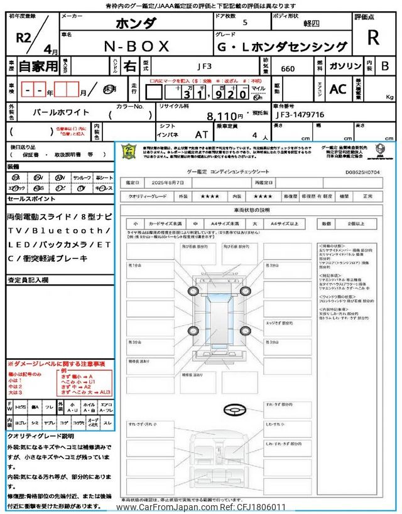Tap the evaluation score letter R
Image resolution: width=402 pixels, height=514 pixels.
pyautogui.click(x=372, y=38)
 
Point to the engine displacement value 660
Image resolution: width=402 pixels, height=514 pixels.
pyautogui.click(x=288, y=68)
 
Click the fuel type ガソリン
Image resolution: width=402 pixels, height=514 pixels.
pyautogui.click(x=345, y=65)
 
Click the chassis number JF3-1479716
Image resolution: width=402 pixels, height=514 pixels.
pyautogui.click(x=300, y=115)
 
